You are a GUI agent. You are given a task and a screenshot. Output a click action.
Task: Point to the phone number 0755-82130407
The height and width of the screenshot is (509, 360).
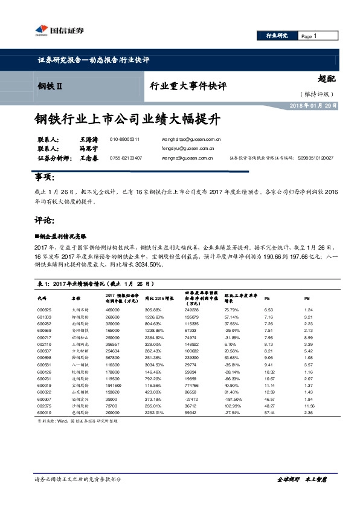click(126, 158)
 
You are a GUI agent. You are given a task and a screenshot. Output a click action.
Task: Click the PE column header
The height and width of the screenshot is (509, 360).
click(268, 297)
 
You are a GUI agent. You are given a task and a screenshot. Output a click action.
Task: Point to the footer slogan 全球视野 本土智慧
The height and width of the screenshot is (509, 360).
click(301, 479)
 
